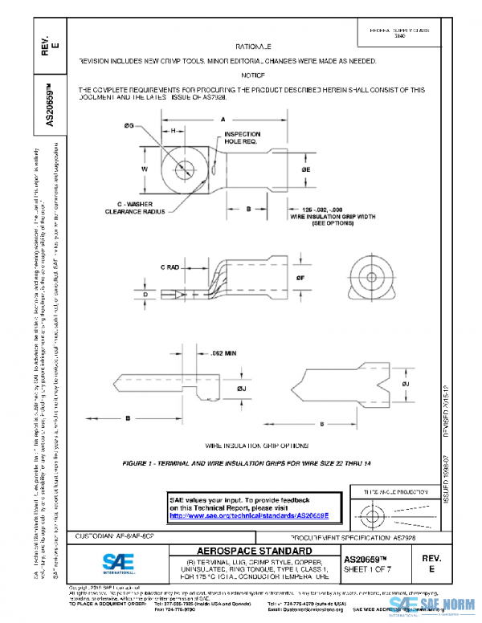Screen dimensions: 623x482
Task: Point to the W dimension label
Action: [144, 170]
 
